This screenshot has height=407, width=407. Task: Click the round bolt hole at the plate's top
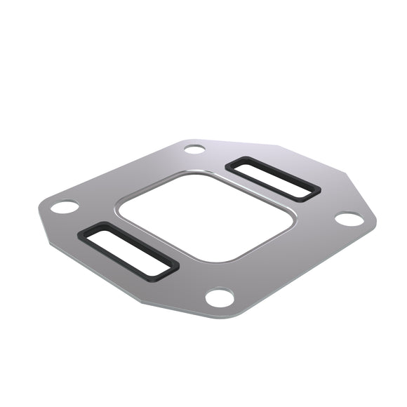click(194, 149)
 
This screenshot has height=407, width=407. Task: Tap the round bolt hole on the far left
click(65, 207)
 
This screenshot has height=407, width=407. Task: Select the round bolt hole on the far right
click(349, 219)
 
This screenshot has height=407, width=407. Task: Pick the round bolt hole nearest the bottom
click(220, 298)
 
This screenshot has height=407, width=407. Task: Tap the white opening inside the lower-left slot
click(131, 251)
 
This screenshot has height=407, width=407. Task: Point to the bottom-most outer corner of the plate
click(211, 315)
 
